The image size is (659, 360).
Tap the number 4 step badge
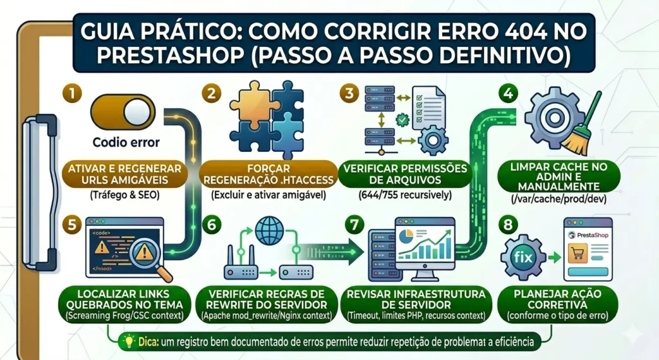click(508, 93)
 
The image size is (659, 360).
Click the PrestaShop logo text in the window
click(589, 236)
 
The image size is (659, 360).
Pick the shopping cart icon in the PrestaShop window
click(578, 256)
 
